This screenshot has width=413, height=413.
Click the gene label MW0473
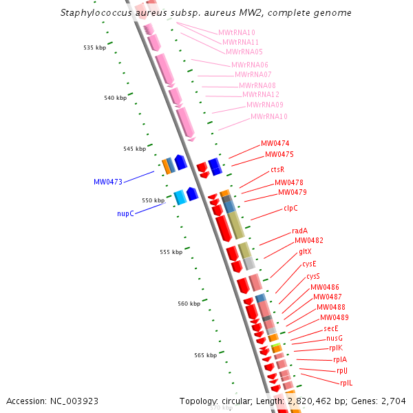[107, 182]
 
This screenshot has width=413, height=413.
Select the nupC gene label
[125, 214]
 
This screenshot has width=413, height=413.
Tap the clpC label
[290, 208]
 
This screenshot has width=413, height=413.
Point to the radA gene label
[299, 231]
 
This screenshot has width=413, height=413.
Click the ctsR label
[277, 169]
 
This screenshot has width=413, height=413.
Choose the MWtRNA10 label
[236, 32]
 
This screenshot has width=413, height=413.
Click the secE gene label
[331, 328]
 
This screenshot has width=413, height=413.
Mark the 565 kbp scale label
[205, 355]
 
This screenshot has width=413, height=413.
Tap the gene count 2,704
[393, 401]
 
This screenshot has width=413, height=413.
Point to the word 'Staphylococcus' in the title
[94, 13]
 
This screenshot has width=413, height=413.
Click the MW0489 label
[334, 318]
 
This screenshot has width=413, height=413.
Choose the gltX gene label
[306, 252]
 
